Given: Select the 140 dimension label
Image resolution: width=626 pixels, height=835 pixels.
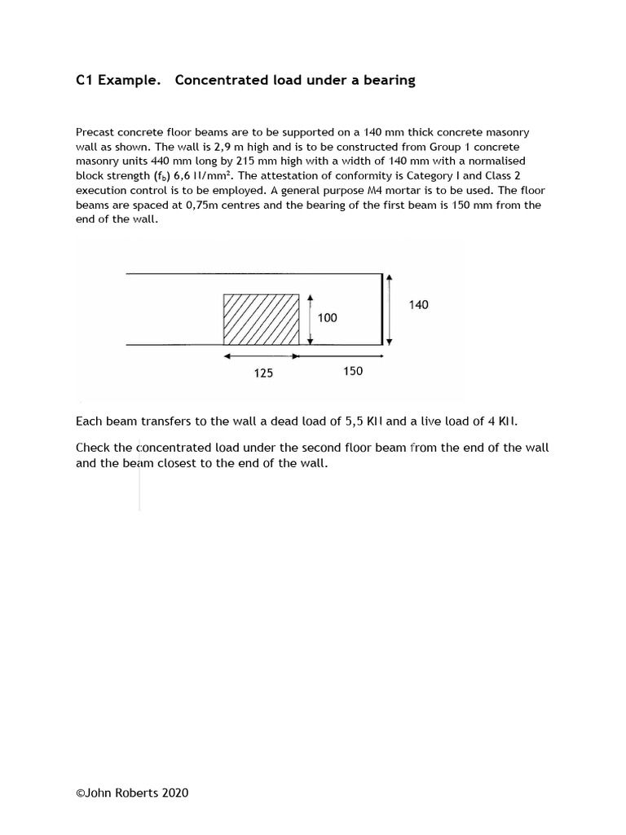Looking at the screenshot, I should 418,305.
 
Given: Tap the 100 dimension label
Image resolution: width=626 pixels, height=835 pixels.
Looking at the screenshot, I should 328,318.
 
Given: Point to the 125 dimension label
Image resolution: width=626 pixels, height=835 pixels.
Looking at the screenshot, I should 263,373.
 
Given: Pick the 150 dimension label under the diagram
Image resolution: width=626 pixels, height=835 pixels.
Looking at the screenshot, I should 353,371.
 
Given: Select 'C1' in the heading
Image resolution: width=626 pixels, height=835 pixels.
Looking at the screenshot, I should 84,80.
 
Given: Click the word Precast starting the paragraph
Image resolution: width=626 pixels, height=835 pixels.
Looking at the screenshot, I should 95,132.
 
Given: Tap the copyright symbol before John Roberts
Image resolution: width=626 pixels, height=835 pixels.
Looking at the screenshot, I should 80,792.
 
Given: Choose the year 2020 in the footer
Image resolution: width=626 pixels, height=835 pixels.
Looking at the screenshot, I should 174,792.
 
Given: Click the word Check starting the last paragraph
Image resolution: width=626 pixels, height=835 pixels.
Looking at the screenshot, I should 93,448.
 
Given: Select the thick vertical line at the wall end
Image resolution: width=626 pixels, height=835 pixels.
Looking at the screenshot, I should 382,309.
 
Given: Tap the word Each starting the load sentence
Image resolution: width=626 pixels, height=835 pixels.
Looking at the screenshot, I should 90,422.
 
